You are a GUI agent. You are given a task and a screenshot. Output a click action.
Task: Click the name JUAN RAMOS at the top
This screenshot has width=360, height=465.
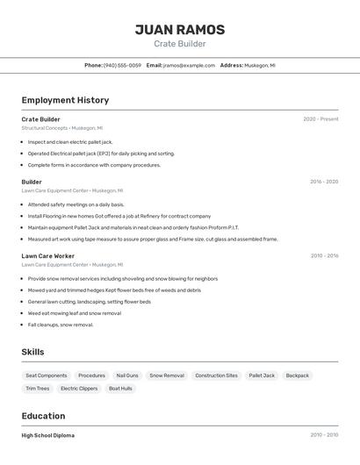click(x=179, y=30)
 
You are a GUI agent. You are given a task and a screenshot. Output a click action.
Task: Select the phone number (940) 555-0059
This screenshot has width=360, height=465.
click(x=122, y=65)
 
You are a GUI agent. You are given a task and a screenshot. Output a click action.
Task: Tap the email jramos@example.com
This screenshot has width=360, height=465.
click(x=189, y=65)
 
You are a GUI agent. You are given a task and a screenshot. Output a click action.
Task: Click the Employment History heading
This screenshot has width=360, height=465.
click(x=65, y=100)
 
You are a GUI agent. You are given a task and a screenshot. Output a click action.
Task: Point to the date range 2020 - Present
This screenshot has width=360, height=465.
click(x=320, y=119)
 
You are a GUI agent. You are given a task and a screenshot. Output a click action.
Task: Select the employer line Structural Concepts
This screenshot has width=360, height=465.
click(x=61, y=128)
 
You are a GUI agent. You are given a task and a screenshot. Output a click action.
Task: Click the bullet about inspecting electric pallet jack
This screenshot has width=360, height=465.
click(x=70, y=141)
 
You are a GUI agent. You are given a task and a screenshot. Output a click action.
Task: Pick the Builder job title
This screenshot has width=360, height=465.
click(x=32, y=182)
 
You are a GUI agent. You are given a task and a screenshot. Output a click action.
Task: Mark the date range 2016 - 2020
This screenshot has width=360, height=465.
click(x=323, y=182)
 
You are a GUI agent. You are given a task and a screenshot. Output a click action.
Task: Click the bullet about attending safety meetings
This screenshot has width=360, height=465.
click(x=76, y=204)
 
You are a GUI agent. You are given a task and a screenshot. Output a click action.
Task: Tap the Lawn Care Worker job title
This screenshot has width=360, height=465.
click(x=47, y=255)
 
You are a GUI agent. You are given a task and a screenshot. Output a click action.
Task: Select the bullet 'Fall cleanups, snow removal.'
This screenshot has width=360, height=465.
click(x=60, y=325)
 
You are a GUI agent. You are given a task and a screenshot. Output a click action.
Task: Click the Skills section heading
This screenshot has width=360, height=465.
click(x=32, y=352)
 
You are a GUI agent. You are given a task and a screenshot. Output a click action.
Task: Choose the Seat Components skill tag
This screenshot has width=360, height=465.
click(x=47, y=376)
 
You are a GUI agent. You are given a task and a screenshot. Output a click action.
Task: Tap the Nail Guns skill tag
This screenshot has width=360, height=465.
click(x=127, y=376)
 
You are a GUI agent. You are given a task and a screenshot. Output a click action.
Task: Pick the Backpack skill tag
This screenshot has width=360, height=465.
click(x=298, y=376)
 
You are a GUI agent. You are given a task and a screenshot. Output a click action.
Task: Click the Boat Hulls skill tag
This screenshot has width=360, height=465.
click(x=121, y=389)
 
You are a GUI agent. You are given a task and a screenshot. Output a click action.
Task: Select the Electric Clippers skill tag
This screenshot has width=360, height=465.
click(x=79, y=389)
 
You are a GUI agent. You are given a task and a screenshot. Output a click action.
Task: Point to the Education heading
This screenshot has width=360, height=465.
click(x=43, y=416)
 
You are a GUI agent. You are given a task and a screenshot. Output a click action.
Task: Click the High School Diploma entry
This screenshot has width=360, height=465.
click(x=48, y=435)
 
